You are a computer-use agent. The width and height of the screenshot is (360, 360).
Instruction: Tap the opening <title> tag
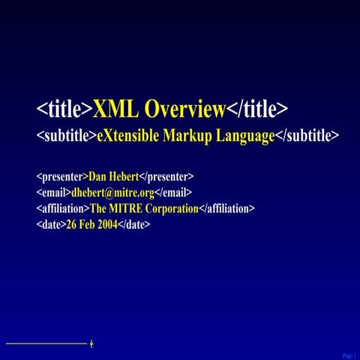tap(64, 109)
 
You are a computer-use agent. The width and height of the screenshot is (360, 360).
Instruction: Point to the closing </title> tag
tap(257, 109)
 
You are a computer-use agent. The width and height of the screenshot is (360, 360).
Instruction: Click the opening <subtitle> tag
tap(66, 136)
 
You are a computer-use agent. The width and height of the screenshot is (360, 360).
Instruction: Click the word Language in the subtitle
tap(245, 136)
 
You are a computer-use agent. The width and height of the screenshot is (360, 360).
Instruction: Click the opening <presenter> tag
tap(62, 177)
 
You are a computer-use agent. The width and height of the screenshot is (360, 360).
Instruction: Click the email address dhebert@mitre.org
tap(112, 193)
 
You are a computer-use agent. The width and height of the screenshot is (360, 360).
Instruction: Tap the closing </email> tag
tap(173, 193)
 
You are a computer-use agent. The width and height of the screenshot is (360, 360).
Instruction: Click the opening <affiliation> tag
tap(62, 208)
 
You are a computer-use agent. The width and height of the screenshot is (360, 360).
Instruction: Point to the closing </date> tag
tap(134, 223)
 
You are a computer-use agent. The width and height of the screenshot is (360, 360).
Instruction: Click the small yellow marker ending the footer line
tap(91, 343)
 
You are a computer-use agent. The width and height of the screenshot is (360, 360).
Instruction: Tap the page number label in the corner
tap(349, 354)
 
